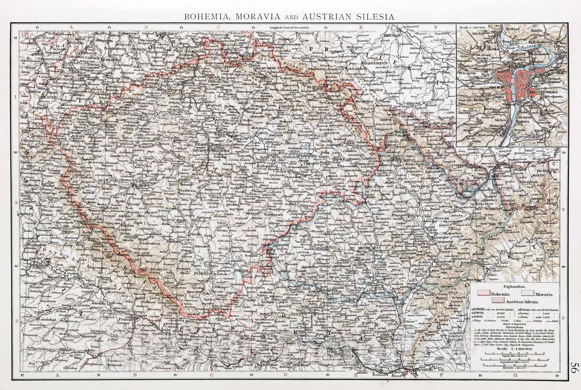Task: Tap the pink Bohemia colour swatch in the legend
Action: [x=483, y=295]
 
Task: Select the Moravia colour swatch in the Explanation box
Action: [x=529, y=295]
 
